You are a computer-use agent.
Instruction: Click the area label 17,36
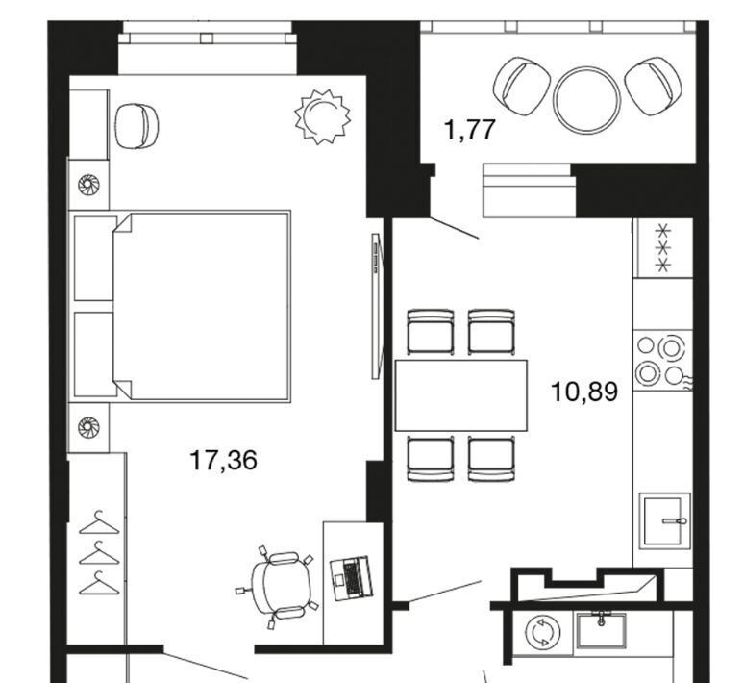223,460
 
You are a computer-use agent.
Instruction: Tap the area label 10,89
584,392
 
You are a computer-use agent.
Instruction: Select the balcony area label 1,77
470,130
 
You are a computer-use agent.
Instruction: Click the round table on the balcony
586,99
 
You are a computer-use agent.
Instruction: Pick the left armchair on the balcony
521,86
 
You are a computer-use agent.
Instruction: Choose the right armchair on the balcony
654,86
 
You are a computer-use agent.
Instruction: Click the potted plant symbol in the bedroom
323,116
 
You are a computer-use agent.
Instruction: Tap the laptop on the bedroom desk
352,577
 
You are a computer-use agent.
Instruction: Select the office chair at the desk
279,586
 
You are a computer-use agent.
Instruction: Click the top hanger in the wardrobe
99,523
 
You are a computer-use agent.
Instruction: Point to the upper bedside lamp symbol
88,185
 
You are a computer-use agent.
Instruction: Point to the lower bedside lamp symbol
88,426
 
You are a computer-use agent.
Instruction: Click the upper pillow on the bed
95,259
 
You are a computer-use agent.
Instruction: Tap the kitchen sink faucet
674,521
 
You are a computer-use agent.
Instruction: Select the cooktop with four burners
662,360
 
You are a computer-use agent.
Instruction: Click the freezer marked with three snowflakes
663,248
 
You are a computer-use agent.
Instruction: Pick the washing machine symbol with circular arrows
543,632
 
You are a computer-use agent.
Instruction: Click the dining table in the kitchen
461,395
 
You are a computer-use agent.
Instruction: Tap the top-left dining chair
431,332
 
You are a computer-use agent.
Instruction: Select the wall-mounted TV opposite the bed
376,305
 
